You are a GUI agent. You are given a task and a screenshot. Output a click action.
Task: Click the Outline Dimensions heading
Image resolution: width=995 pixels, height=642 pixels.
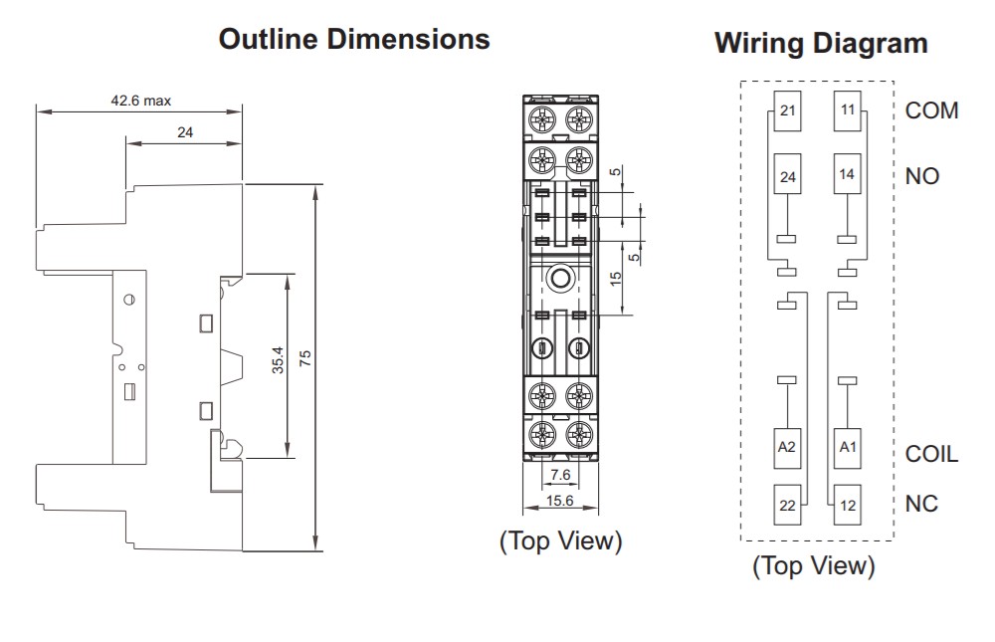pyautogui.click(x=354, y=40)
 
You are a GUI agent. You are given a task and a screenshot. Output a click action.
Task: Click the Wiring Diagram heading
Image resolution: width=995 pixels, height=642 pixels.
pyautogui.click(x=821, y=44)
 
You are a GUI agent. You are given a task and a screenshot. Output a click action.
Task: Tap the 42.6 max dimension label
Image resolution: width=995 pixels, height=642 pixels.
pyautogui.click(x=141, y=101)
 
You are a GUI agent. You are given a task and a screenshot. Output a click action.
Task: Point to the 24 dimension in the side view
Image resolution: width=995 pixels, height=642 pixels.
pyautogui.click(x=184, y=131)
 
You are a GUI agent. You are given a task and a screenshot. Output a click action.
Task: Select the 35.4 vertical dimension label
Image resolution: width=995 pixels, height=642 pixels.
pyautogui.click(x=278, y=360)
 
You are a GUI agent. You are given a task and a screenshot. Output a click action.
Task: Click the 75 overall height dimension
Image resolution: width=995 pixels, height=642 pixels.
pyautogui.click(x=305, y=358)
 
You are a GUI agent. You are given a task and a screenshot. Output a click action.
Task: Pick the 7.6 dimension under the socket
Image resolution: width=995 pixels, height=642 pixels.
pyautogui.click(x=560, y=475)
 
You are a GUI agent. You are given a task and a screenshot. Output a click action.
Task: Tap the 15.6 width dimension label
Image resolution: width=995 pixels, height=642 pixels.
pyautogui.click(x=560, y=501)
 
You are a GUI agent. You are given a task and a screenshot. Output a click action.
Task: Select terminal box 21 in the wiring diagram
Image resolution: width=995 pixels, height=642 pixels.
pyautogui.click(x=787, y=109)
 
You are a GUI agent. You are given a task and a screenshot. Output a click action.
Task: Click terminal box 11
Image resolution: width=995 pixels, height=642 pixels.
pyautogui.click(x=848, y=109)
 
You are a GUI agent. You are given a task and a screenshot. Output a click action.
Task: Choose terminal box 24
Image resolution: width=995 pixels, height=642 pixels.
pyautogui.click(x=787, y=177)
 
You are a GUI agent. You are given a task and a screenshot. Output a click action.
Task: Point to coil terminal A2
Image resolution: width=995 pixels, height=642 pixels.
pyautogui.click(x=787, y=448)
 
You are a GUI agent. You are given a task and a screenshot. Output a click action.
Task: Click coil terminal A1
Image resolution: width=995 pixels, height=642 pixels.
pyautogui.click(x=848, y=448)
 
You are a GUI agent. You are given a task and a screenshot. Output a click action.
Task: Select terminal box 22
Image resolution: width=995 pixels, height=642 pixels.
pyautogui.click(x=787, y=506)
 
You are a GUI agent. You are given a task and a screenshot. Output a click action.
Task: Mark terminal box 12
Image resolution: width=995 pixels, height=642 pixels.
pyautogui.click(x=848, y=506)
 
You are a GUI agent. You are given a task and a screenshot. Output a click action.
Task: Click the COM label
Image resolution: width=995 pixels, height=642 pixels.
pyautogui.click(x=931, y=110)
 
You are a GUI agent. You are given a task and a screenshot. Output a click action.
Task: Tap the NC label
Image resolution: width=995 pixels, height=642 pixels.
pyautogui.click(x=921, y=504)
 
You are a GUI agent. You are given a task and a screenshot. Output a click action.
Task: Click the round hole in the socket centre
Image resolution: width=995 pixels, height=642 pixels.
pyautogui.click(x=561, y=278)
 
